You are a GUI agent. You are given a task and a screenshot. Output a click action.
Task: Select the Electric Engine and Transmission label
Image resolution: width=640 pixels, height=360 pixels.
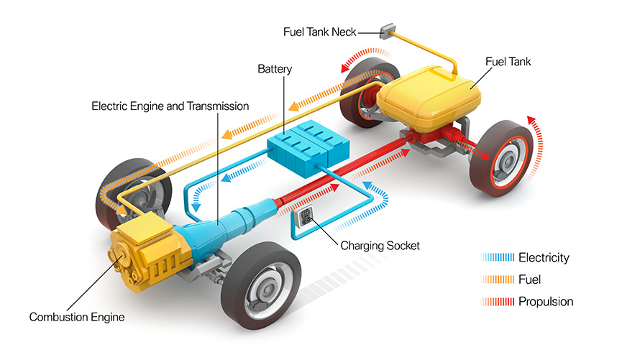(170, 106)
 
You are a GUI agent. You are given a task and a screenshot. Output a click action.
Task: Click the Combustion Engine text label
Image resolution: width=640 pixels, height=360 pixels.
(77, 316)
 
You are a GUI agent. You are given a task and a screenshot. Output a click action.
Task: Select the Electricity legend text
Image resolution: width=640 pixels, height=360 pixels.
(544, 257)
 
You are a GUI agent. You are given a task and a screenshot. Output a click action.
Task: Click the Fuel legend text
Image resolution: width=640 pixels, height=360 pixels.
(529, 279)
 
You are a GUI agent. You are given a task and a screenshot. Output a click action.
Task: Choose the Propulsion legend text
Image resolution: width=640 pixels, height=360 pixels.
(546, 301)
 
